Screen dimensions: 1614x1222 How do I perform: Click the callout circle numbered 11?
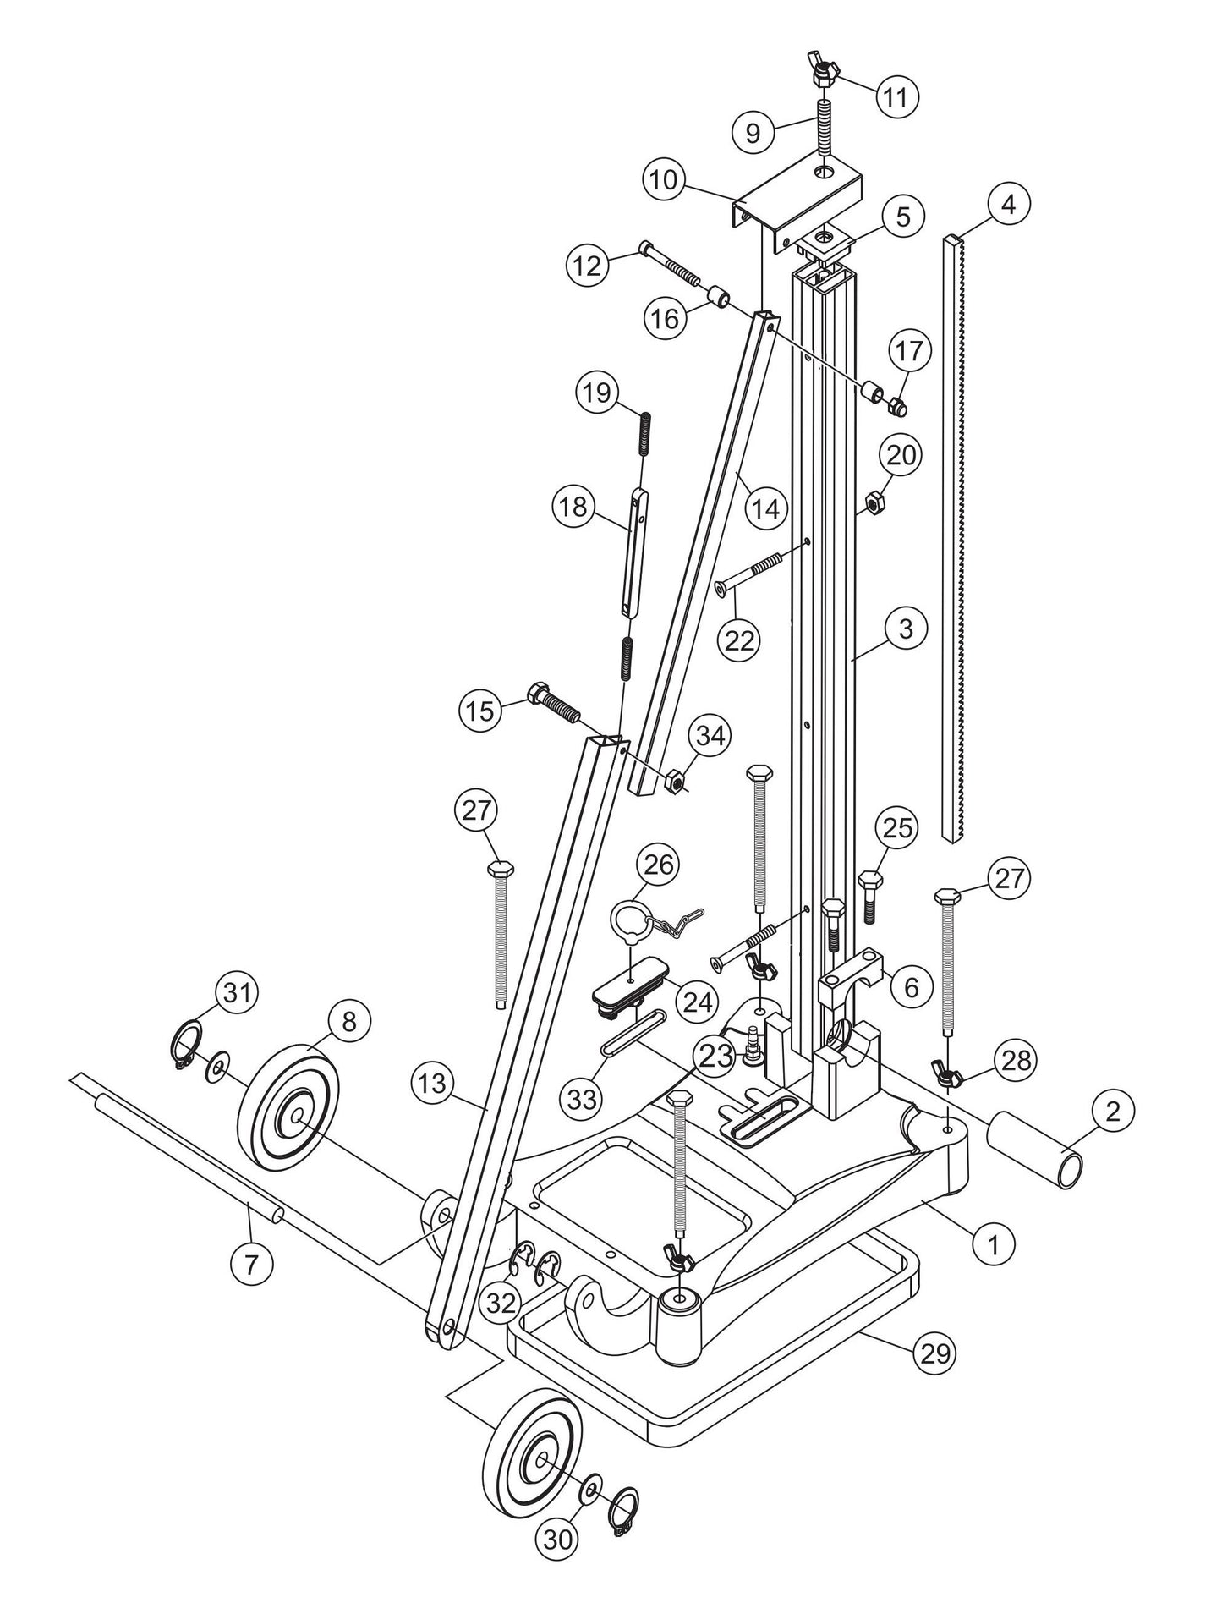(x=895, y=97)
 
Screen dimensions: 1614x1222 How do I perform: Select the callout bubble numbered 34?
(x=710, y=735)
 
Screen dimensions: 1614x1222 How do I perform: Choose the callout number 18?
(x=574, y=508)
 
